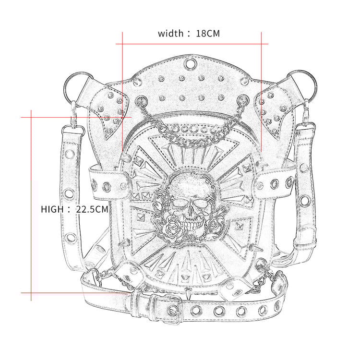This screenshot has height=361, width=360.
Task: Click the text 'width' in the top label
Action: (x=170, y=34)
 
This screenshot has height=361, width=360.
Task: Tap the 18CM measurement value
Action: (x=208, y=34)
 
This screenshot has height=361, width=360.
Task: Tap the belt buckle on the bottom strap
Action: (x=172, y=304)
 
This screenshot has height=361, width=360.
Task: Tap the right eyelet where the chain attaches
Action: (x=243, y=102)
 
